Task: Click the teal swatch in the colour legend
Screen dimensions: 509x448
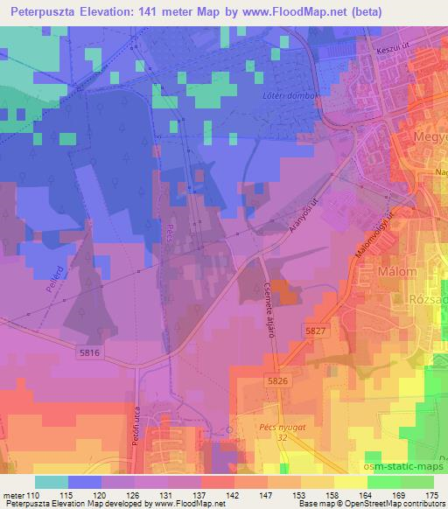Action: [51, 482]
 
